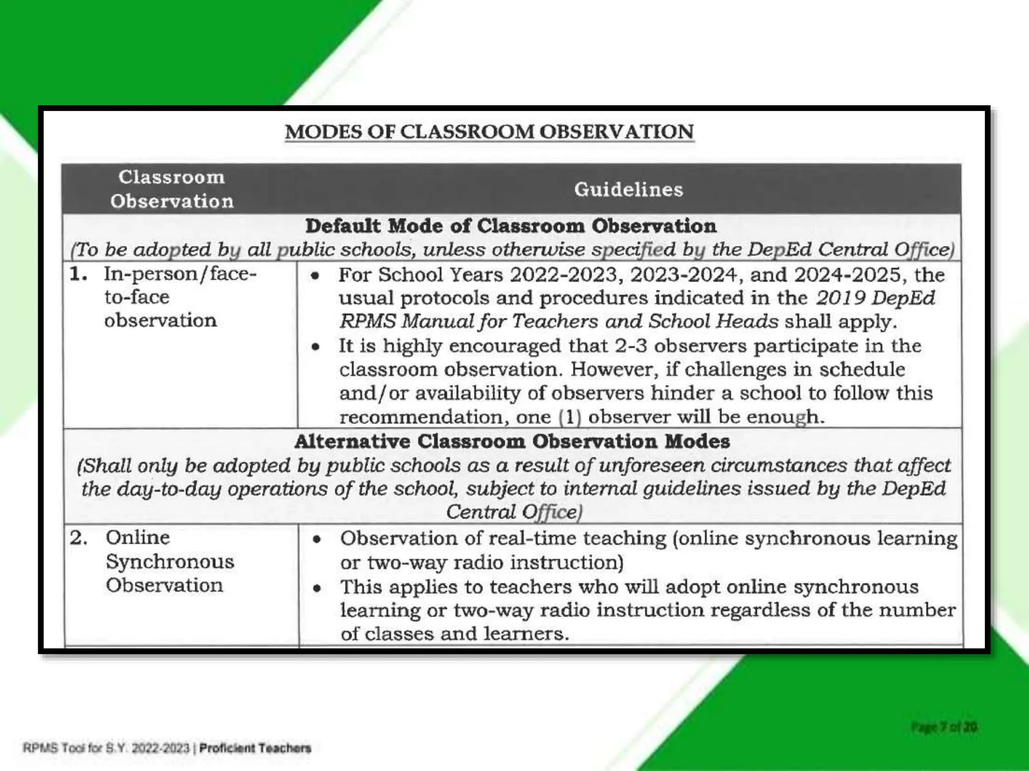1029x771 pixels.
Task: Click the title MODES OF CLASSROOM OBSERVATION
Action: (489, 132)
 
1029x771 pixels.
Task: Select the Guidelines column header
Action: (629, 190)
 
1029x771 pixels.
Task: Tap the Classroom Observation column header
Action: (172, 189)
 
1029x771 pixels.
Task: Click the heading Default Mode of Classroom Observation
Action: (511, 226)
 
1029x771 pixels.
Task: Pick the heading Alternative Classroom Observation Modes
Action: (512, 442)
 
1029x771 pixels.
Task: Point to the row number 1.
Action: (78, 274)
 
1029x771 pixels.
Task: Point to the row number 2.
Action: (78, 538)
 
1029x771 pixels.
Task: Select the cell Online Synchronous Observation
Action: (170, 561)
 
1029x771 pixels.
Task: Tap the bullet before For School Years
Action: (315, 276)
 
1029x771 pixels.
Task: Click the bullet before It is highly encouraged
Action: (316, 347)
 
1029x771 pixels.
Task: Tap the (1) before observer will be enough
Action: (570, 417)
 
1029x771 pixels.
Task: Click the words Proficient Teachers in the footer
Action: (255, 748)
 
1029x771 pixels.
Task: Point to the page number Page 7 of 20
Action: (944, 727)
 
